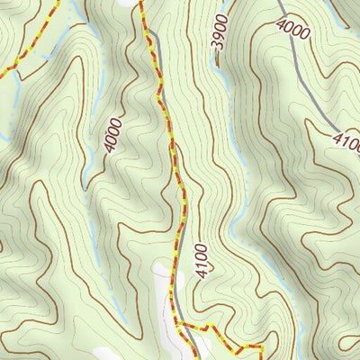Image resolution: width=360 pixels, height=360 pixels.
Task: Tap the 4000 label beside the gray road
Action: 293,30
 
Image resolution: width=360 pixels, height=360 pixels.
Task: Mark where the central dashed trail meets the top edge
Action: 140,2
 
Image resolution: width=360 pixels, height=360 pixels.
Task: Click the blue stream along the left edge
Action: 4,135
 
